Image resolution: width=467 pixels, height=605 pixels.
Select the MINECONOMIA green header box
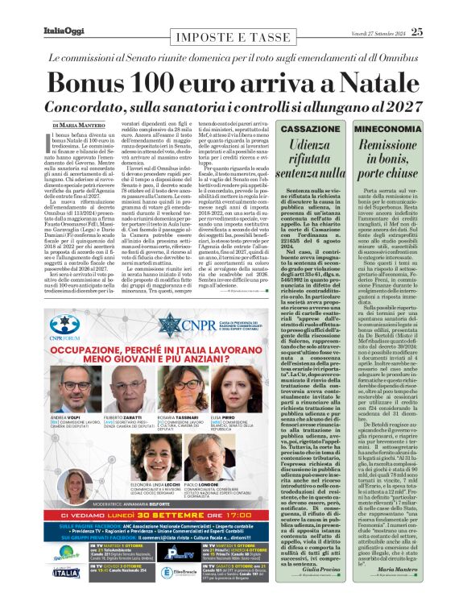pyautogui.click(x=390, y=129)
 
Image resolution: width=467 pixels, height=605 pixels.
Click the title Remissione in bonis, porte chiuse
pyautogui.click(x=390, y=156)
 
